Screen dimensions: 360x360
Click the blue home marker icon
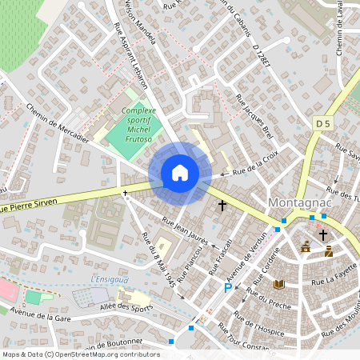[180, 173]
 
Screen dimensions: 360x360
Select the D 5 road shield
[322, 123]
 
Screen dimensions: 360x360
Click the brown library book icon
[278, 284]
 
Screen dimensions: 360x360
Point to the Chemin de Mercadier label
[56, 126]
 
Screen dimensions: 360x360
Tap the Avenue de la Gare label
[36, 318]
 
